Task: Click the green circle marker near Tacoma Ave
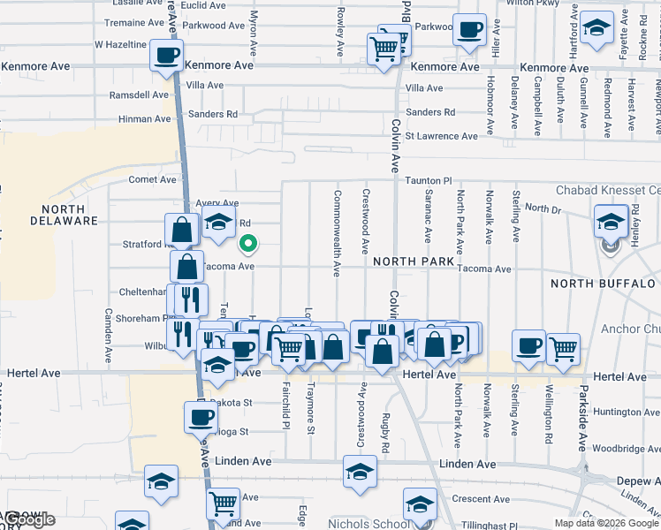[x=248, y=244]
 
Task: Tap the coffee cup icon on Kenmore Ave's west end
[x=166, y=56]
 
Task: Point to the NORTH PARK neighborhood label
[x=413, y=261]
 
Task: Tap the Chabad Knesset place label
[x=607, y=190]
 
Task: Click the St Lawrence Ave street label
[x=441, y=136]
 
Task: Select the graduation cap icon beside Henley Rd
[x=610, y=221]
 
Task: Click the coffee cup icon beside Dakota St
[x=200, y=416]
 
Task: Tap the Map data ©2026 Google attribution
[x=606, y=523]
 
